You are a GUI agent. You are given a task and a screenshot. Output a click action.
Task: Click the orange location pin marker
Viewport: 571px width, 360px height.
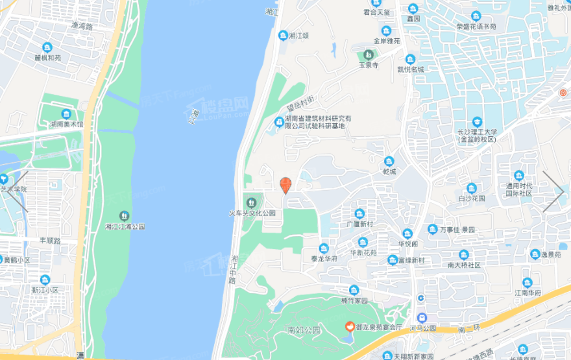[285, 185]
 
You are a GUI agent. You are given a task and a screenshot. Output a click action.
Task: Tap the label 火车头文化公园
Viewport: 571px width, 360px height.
[252, 213]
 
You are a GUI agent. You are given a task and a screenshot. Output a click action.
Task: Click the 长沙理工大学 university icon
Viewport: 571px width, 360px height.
[477, 122]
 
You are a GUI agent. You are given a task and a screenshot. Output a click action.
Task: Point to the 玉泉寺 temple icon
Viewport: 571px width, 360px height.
[369, 54]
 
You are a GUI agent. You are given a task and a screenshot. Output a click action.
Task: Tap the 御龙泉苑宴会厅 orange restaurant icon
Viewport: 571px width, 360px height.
[349, 326]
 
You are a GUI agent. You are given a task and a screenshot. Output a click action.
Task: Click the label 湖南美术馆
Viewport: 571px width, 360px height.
[67, 124]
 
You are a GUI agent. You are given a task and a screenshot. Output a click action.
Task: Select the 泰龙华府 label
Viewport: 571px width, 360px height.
[323, 258]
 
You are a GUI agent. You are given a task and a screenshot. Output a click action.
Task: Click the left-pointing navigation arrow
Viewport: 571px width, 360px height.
[19, 191]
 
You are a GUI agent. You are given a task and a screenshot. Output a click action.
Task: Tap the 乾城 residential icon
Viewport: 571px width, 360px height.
[389, 162]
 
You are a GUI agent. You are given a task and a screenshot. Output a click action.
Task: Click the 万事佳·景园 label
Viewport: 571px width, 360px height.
[457, 230]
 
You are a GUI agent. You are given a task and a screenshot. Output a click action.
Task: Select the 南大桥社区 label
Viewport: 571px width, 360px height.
[464, 265]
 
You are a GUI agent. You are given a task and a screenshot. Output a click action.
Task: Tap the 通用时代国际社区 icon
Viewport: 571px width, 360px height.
[518, 175]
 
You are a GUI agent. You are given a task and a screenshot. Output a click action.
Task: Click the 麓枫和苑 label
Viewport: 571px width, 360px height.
[47, 58]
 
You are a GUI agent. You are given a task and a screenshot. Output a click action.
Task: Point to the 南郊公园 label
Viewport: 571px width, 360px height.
[304, 330]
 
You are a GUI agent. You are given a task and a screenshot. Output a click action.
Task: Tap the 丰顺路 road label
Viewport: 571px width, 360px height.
[49, 240]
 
